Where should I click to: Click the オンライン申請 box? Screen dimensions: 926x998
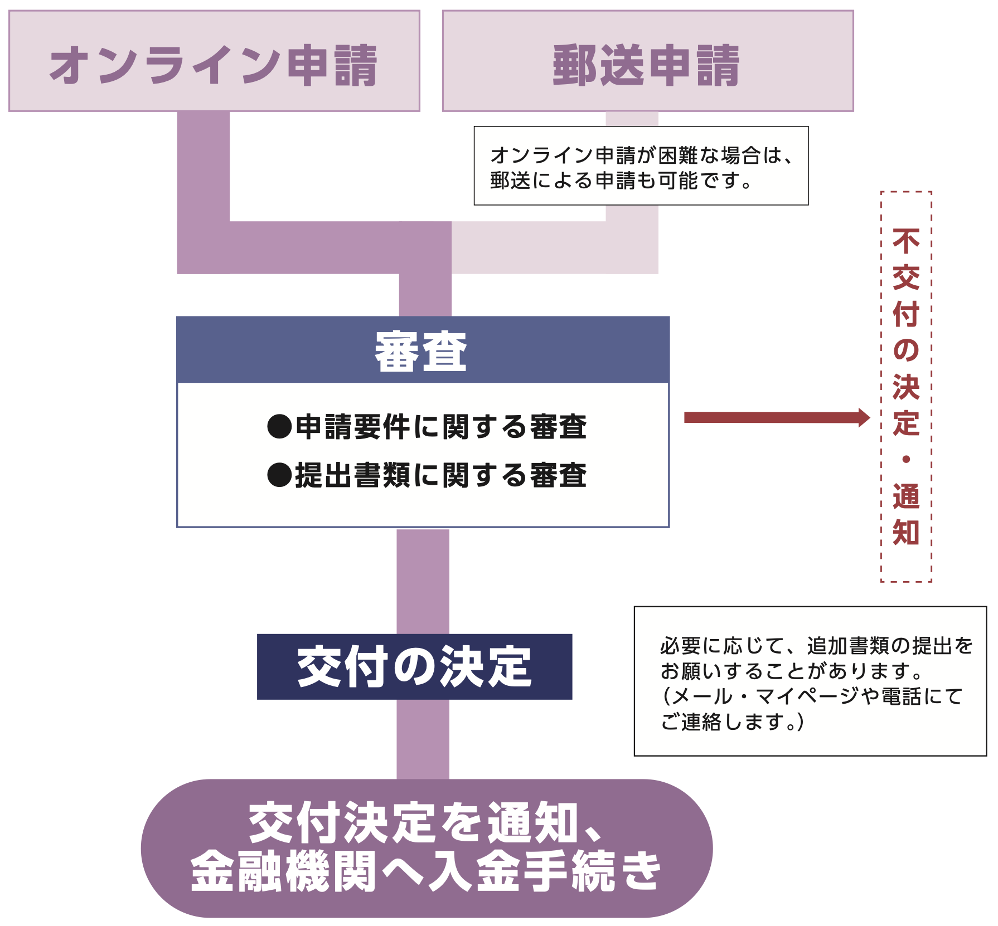(214, 61)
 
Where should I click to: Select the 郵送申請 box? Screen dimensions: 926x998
(647, 61)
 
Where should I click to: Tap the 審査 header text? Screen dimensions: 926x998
(422, 351)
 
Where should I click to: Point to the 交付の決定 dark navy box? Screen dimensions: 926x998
(414, 666)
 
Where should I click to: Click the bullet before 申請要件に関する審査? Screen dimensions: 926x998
(279, 427)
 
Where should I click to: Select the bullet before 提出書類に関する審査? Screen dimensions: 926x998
(279, 475)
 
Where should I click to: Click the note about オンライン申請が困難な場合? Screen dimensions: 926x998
(641, 166)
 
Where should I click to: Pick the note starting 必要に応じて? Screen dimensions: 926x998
(810, 681)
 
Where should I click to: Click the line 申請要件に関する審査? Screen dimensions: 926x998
(440, 427)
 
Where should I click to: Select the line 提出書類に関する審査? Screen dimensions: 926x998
(440, 475)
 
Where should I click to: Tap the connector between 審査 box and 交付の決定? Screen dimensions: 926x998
(423, 581)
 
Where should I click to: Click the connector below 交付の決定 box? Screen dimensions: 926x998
(423, 739)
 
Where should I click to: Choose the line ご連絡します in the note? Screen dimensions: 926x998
(732, 722)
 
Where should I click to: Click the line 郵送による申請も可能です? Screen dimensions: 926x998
(622, 181)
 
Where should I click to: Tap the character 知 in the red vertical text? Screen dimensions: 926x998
(906, 532)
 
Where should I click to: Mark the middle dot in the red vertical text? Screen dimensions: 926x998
(906, 459)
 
